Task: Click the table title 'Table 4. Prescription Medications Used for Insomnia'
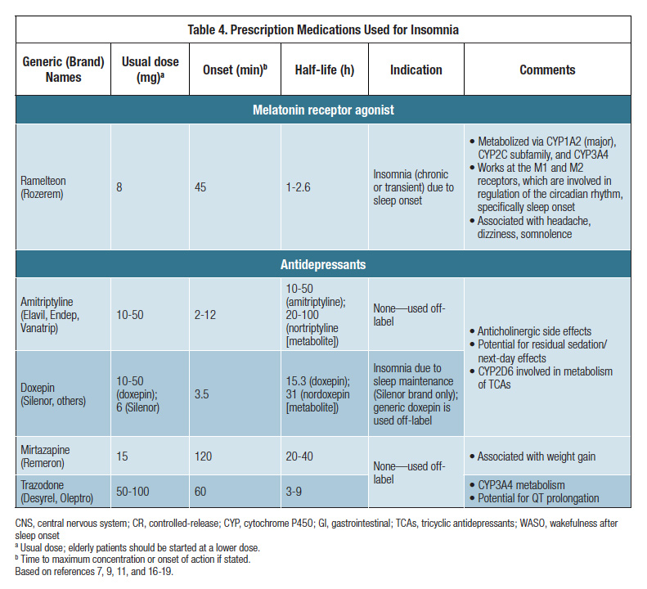click(323, 29)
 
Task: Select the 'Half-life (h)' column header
click(324, 70)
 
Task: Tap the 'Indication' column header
click(416, 70)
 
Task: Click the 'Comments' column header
click(547, 70)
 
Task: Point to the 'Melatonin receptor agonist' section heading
click(323, 110)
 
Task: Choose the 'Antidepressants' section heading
click(323, 264)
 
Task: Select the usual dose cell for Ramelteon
click(119, 187)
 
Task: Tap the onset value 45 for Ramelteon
click(201, 187)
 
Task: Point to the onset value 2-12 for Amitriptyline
click(205, 315)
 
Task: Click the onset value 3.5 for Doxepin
click(202, 393)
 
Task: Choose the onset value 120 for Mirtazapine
click(204, 456)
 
